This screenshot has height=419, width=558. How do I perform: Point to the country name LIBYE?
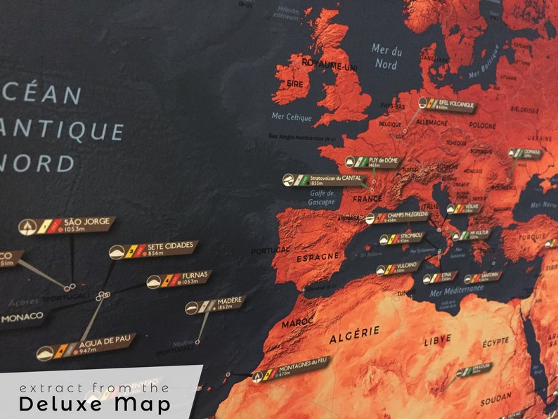coord(437,340)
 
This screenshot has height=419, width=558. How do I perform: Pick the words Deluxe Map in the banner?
coord(94,404)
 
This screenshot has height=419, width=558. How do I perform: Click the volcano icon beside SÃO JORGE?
coord(28,226)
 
